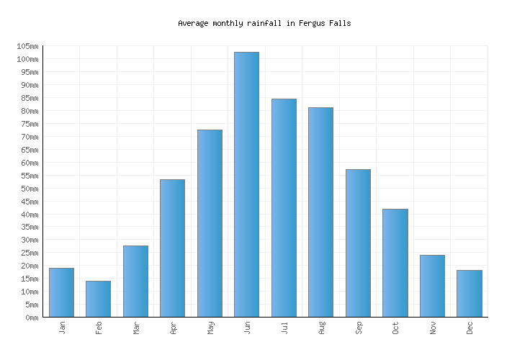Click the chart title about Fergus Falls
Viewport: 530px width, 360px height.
264,23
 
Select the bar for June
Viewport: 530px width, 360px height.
246,184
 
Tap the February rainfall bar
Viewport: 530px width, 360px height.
98,299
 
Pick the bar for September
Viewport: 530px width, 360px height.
358,243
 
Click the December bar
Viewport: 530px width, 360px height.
469,294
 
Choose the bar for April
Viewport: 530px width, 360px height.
172,248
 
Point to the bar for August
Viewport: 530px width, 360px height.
320,212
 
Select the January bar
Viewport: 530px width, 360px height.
61,292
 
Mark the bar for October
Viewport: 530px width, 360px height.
395,263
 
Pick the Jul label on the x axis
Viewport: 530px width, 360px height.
284,328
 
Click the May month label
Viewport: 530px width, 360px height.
210,328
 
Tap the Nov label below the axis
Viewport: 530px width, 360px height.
433,328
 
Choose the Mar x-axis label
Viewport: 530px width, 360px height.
136,328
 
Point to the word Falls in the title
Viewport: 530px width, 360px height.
340,23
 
